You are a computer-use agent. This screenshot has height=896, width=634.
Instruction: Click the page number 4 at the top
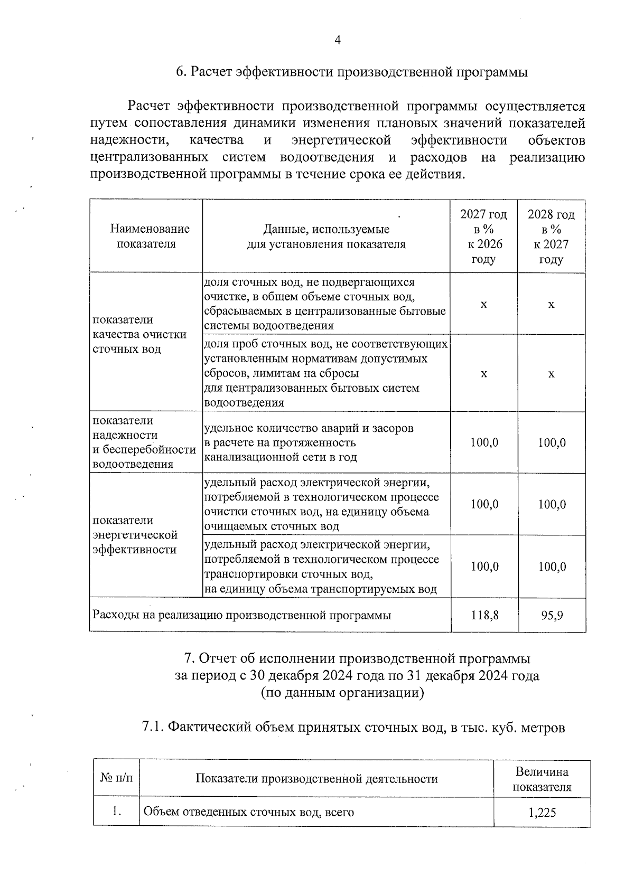[x=338, y=41]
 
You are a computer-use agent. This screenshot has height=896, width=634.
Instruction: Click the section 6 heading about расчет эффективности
[x=351, y=72]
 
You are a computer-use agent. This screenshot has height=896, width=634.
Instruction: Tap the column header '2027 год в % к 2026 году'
[x=483, y=237]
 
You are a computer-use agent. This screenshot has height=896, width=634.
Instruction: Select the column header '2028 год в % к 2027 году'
[x=551, y=237]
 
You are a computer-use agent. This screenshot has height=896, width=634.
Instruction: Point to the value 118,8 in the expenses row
[x=484, y=615]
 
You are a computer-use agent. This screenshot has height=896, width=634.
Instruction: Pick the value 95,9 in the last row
[x=552, y=615]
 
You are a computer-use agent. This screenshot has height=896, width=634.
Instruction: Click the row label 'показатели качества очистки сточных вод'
[x=139, y=334]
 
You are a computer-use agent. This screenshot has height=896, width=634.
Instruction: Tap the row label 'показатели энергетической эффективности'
[x=135, y=535]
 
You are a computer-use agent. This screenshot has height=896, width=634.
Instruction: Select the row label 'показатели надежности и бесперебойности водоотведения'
[x=144, y=442]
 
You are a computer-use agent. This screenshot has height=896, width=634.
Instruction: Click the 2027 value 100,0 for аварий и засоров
[x=484, y=442]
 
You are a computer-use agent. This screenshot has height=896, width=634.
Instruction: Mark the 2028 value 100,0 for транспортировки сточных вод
[x=552, y=567]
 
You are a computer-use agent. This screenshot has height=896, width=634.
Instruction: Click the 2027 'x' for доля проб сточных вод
[x=484, y=374]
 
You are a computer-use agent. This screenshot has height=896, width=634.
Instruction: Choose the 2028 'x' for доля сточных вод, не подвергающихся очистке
[x=552, y=305]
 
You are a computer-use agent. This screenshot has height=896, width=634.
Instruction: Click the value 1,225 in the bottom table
[x=542, y=812]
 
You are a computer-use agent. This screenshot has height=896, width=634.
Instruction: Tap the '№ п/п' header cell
[x=116, y=779]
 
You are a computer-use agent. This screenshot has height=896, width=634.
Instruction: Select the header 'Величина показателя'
[x=542, y=779]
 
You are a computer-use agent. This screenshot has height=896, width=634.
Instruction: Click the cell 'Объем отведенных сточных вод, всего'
[x=248, y=812]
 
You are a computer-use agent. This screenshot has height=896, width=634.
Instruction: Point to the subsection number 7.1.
[x=153, y=728]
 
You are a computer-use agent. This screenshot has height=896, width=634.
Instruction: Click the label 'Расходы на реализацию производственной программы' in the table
[x=242, y=615]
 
